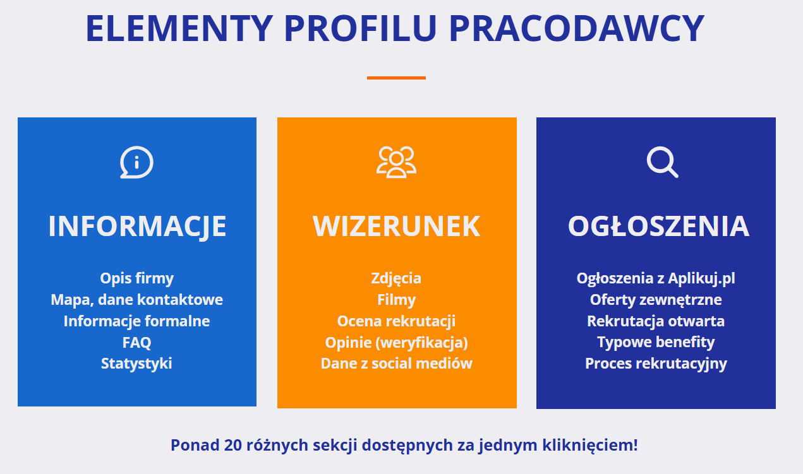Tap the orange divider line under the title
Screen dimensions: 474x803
click(396, 78)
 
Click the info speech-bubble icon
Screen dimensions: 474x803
click(136, 163)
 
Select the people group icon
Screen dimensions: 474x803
click(396, 162)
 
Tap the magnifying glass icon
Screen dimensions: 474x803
click(661, 162)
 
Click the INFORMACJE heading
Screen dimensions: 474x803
click(137, 226)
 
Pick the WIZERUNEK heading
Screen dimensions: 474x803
click(396, 226)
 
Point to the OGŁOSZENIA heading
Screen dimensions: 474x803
click(658, 226)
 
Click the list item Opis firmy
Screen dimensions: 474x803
click(136, 278)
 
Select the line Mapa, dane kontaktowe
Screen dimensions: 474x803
click(136, 300)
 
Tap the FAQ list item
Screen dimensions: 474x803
click(136, 342)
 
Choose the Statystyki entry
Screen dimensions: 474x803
click(136, 364)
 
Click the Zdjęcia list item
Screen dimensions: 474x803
click(396, 278)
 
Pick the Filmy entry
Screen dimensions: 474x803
click(396, 300)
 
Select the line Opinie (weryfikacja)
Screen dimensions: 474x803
click(396, 342)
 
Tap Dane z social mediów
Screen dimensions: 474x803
click(396, 364)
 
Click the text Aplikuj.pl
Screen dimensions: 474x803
click(701, 278)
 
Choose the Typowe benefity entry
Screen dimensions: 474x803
click(656, 342)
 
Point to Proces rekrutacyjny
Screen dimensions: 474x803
click(656, 364)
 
